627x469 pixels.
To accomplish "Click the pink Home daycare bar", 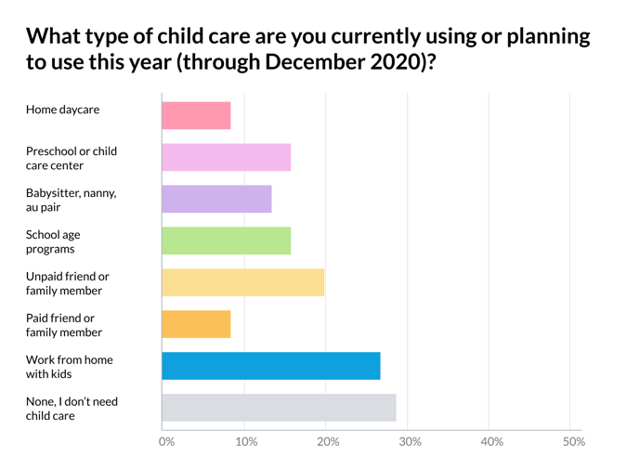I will pos(196,115).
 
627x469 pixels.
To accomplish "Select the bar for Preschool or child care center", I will pos(226,157).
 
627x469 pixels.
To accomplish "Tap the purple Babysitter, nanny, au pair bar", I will pos(216,199).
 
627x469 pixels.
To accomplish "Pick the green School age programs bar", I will pos(226,241).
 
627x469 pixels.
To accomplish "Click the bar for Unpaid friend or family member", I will pos(242,282).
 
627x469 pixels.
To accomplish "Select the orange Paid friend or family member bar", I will pos(196,324).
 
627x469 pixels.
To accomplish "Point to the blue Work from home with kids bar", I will pos(270,366).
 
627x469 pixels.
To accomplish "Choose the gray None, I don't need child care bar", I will pos(279,408).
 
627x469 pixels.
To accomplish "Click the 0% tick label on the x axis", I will pos(167,442).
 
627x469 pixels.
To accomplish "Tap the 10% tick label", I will pos(246,442).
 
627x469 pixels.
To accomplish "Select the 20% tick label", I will pos(328,442).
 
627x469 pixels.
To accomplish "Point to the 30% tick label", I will pos(410,442).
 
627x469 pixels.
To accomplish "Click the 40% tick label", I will pos(491,442).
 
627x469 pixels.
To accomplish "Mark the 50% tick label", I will pos(573,442).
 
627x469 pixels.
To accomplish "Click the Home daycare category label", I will pos(62,110).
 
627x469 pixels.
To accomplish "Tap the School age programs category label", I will pos(53,241).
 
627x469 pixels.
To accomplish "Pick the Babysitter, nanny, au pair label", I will pos(71,200).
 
